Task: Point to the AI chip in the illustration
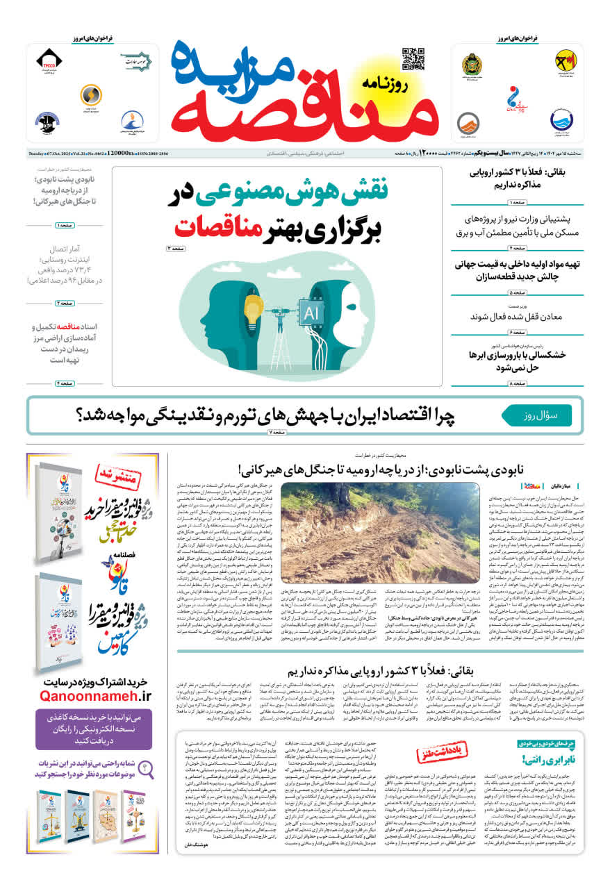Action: pos(311,313)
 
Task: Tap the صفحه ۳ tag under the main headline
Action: pos(176,248)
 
